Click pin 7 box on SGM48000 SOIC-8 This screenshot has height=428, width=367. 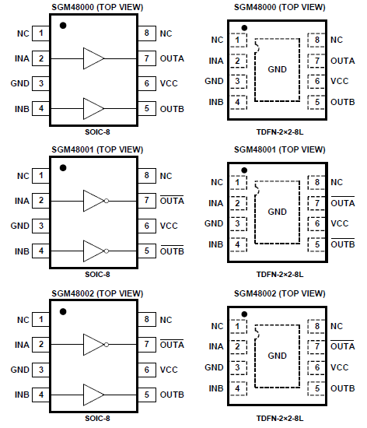[147, 58]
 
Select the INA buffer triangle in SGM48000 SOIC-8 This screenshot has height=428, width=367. [93, 58]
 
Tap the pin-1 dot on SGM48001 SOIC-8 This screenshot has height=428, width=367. [63, 168]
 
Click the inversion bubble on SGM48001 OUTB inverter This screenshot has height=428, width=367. [107, 251]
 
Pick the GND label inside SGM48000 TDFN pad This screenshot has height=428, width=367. [277, 69]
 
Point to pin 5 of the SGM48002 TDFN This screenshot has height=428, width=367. [316, 388]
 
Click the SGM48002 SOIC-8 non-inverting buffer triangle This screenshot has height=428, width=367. [93, 395]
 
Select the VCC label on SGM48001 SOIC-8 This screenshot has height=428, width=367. [169, 226]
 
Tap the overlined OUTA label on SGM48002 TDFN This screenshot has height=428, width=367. [343, 346]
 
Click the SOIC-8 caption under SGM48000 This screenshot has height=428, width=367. [97, 132]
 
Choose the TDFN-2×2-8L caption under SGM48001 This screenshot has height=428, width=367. [280, 275]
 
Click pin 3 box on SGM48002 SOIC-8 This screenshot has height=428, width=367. [41, 370]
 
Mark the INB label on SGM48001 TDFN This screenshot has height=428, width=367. [215, 244]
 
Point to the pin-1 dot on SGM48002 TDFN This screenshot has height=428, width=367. [244, 314]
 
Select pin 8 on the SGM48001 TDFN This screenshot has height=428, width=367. [316, 182]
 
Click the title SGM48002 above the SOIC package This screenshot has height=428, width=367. [72, 293]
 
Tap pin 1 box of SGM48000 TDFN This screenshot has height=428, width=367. [238, 40]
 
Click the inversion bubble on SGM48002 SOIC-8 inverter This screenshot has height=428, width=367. [107, 345]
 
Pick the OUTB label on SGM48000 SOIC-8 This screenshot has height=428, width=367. [172, 109]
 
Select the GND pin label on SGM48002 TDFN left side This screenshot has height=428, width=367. [214, 367]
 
